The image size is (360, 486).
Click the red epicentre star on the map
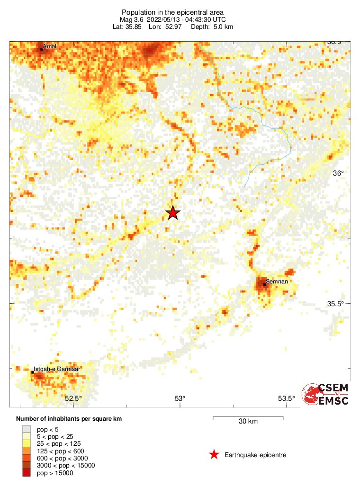(x=173, y=213)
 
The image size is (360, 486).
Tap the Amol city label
(x=49, y=46)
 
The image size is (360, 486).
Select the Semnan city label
(x=276, y=282)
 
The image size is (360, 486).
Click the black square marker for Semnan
(x=264, y=284)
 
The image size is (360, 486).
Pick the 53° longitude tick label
(x=180, y=398)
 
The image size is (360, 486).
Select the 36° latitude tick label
(x=338, y=173)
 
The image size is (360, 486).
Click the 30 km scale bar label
(x=248, y=421)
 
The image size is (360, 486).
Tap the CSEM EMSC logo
(x=326, y=394)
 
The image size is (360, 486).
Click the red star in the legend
(x=214, y=455)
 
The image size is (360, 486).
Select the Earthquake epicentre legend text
(x=255, y=455)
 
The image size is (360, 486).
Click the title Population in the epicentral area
(x=173, y=12)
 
